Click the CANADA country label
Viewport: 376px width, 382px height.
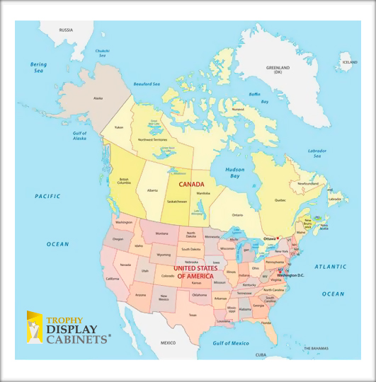(x=191, y=184)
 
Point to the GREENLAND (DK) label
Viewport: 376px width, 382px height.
(x=278, y=70)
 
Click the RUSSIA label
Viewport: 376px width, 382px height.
(x=66, y=30)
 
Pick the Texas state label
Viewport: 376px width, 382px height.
(x=192, y=315)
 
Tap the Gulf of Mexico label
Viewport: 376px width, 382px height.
(x=231, y=342)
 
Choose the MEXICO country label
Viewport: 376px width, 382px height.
(x=168, y=342)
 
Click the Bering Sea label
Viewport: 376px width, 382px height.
(x=38, y=67)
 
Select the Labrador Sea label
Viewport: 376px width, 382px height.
(x=317, y=154)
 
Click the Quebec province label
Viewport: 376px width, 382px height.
(x=280, y=200)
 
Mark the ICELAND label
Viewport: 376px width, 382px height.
(x=349, y=62)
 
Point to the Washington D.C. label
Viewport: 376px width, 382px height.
(x=290, y=275)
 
